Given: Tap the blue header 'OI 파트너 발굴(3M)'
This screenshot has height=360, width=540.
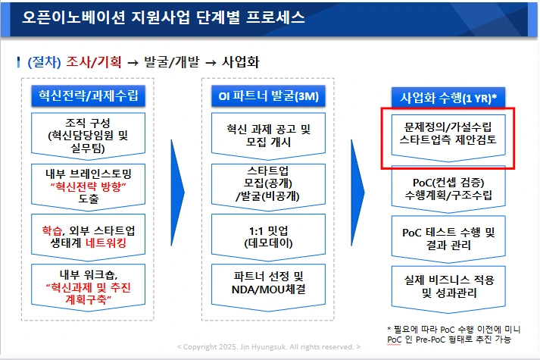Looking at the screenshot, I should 264,96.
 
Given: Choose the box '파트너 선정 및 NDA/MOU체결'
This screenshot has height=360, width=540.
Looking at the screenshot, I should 264,282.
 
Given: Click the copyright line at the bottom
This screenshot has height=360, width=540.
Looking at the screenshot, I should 270,346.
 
